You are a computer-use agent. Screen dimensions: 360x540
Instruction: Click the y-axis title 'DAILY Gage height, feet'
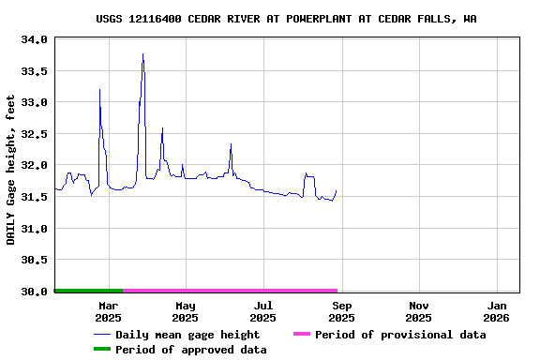pyautogui.click(x=11, y=170)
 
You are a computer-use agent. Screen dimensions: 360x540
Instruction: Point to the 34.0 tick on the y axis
pyautogui.click(x=34, y=39)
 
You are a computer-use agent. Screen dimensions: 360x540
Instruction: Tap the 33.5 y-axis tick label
pyautogui.click(x=34, y=71)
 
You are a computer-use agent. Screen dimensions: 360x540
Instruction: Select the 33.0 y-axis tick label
pyautogui.click(x=34, y=102)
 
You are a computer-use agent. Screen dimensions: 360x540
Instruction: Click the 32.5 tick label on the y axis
pyautogui.click(x=34, y=134)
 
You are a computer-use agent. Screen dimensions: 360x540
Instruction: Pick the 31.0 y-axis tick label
pyautogui.click(x=34, y=229)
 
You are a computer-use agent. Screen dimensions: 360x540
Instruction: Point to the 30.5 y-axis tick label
pyautogui.click(x=34, y=260)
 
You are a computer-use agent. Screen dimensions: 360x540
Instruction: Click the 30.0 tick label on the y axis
pyautogui.click(x=34, y=292)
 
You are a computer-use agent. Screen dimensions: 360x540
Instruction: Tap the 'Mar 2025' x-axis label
pyautogui.click(x=108, y=311)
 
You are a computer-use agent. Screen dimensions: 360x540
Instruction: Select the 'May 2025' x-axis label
pyautogui.click(x=186, y=311)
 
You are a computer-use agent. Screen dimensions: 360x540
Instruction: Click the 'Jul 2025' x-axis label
pyautogui.click(x=263, y=311)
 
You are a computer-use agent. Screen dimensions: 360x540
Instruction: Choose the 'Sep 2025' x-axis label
pyautogui.click(x=342, y=311)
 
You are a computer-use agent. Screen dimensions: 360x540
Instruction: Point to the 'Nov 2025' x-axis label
pyautogui.click(x=419, y=311)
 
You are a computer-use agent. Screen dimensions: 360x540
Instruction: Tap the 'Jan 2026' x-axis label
pyautogui.click(x=497, y=311)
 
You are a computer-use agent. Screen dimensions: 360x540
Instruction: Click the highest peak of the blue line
pyautogui.click(x=142, y=54)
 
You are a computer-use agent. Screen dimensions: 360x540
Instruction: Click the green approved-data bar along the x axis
pyautogui.click(x=88, y=291)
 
